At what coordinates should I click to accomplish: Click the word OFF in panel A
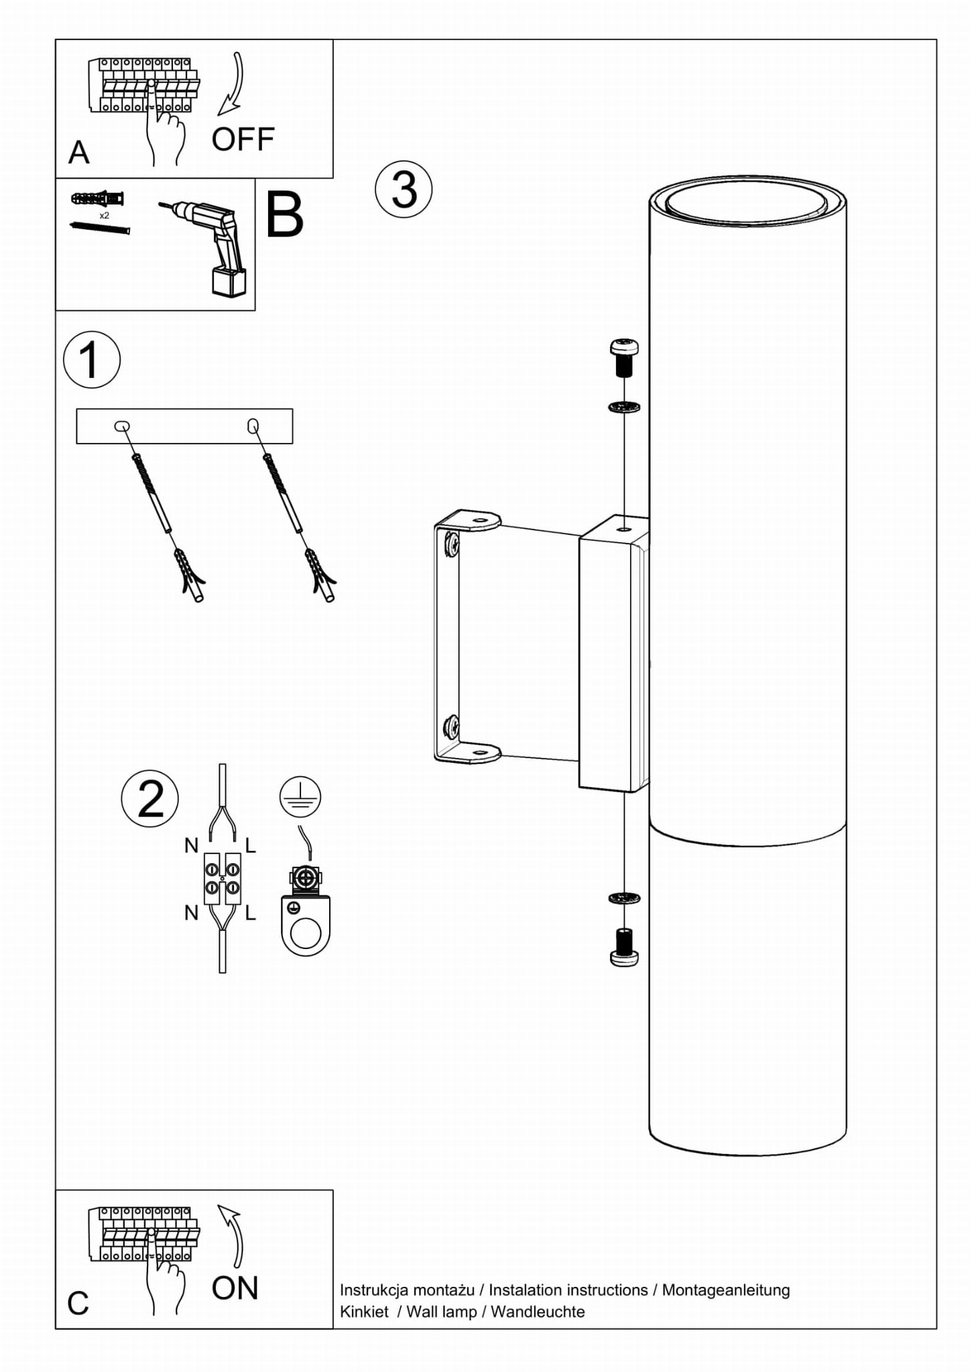(x=243, y=139)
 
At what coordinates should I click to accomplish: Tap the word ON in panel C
(x=235, y=1288)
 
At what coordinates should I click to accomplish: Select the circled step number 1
(x=92, y=359)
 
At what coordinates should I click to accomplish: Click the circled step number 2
(x=150, y=798)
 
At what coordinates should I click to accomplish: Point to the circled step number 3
(x=404, y=189)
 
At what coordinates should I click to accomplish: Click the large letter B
(x=284, y=214)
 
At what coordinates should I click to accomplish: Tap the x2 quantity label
(x=104, y=216)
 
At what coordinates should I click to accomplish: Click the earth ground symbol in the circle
(x=300, y=797)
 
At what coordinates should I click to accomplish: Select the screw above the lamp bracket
(x=624, y=357)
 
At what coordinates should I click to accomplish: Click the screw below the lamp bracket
(x=624, y=947)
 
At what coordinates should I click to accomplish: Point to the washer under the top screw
(x=624, y=407)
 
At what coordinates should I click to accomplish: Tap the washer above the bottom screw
(x=624, y=897)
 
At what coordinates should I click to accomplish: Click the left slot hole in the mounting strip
(x=122, y=426)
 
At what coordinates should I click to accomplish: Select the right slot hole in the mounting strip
(x=253, y=426)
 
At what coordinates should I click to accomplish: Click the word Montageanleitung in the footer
(x=726, y=1290)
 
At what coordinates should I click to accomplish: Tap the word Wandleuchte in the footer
(x=538, y=1312)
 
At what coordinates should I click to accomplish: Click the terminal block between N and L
(x=223, y=879)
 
